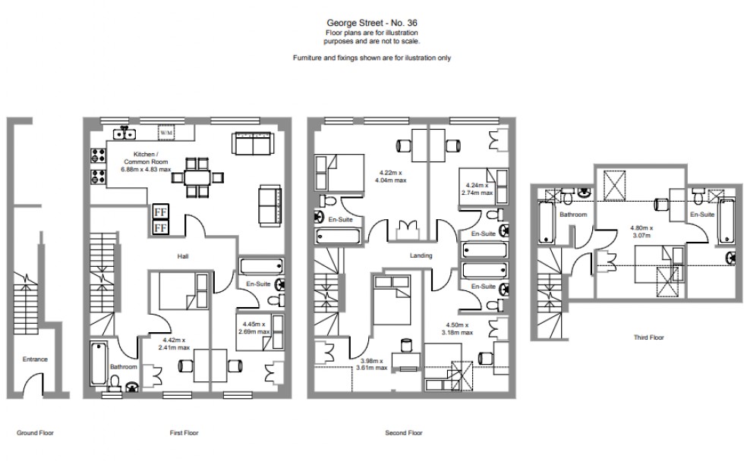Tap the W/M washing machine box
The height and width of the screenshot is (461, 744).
coord(166,133)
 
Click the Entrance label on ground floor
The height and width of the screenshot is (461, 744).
coord(34,359)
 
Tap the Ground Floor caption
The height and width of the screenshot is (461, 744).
coord(35,433)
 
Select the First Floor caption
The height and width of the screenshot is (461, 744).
coord(184,433)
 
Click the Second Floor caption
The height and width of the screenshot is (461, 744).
coord(404,433)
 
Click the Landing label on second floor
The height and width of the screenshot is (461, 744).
coord(421,256)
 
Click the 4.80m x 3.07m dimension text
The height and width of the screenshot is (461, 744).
coord(642,231)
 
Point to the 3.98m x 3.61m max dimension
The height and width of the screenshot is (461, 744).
coord(374,364)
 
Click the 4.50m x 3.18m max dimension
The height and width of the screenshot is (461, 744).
coord(459,328)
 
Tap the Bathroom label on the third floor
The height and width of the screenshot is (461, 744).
coord(574,215)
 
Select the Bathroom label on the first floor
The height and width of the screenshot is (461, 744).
coord(124,366)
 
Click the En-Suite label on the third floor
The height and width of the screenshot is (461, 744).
coord(702,215)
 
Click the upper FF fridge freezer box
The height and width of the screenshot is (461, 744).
coord(161,212)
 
